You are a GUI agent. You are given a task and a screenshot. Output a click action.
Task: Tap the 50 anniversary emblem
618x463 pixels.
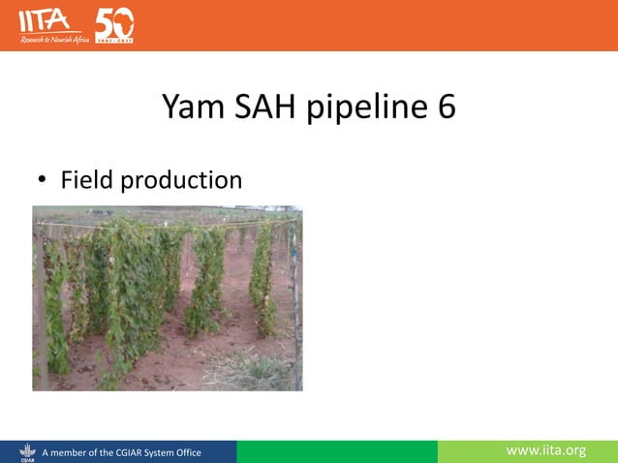(114, 24)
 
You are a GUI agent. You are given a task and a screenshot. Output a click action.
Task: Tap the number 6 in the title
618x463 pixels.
(445, 108)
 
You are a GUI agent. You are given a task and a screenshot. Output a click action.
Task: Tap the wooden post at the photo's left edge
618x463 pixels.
(39, 300)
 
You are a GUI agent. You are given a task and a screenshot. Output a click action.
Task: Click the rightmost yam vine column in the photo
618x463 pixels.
(261, 281)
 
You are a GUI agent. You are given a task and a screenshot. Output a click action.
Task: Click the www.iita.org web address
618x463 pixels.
(546, 450)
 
